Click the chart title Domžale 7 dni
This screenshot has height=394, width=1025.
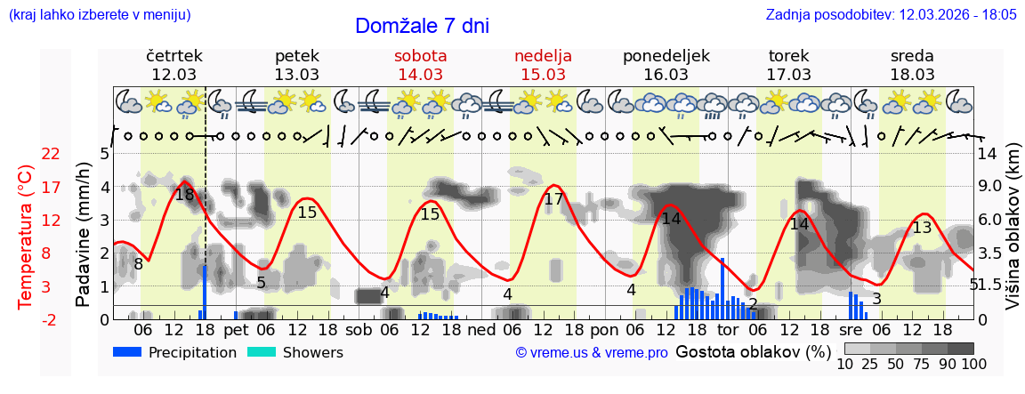[x=422, y=27]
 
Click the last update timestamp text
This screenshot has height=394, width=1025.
[x=891, y=15]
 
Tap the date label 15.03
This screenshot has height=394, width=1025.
[x=543, y=75]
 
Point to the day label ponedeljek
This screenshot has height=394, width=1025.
[x=666, y=56]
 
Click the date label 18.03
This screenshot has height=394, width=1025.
[x=912, y=75]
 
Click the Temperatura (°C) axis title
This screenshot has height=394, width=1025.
[x=27, y=237]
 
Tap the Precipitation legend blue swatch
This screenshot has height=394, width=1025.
[x=127, y=352]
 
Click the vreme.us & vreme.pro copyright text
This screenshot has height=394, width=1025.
[x=591, y=352]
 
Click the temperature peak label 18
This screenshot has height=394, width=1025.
[x=184, y=195]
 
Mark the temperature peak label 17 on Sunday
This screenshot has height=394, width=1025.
[x=553, y=199]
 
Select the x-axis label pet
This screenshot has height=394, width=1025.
[x=236, y=330]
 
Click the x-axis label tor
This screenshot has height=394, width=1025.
[x=728, y=330]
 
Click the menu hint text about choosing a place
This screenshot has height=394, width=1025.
[x=99, y=15]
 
